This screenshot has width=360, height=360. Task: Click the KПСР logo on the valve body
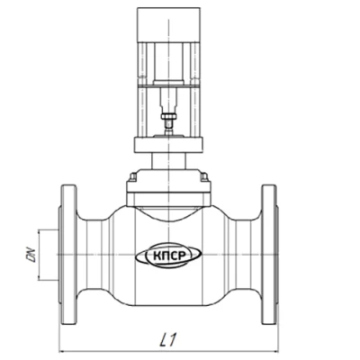(168, 256)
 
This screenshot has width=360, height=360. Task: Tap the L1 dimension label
(169, 339)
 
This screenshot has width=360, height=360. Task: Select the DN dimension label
(31, 255)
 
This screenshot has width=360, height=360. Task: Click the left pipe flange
(69, 255)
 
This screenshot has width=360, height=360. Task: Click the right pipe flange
(269, 255)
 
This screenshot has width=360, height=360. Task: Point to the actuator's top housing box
(168, 25)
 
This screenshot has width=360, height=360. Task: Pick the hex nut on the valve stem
(168, 116)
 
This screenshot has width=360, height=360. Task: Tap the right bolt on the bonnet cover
(204, 176)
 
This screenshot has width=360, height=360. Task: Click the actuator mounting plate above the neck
(168, 145)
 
